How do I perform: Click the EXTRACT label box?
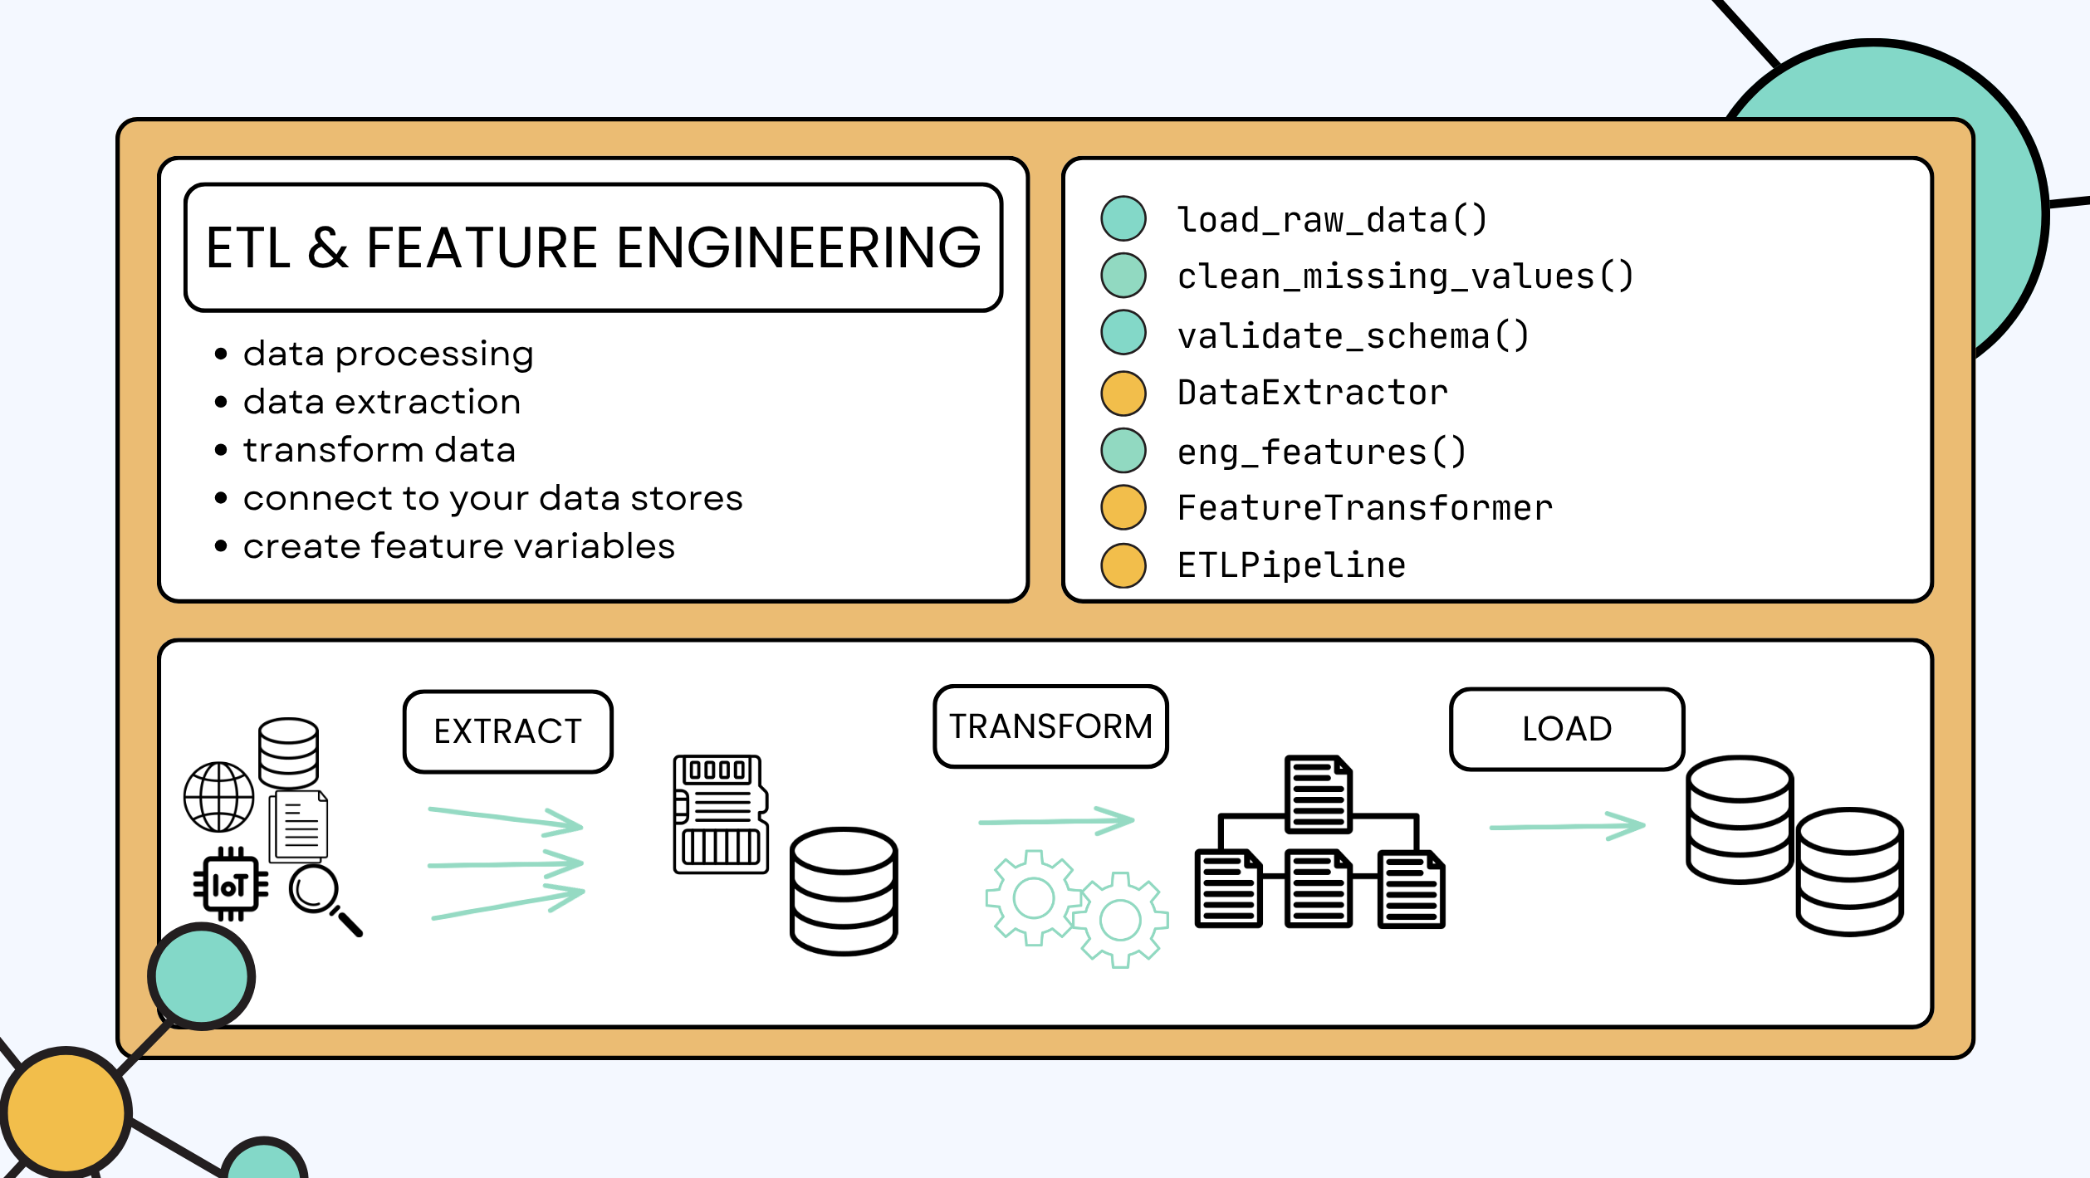[x=507, y=731]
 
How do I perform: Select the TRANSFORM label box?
[x=1050, y=726]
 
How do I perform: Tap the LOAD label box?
[x=1566, y=729]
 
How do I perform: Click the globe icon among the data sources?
[x=219, y=797]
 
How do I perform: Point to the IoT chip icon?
[x=231, y=885]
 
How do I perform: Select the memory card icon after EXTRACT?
[x=720, y=814]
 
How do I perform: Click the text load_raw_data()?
[x=1332, y=220]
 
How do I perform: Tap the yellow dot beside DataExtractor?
[x=1123, y=393]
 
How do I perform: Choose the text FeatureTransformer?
[x=1364, y=508]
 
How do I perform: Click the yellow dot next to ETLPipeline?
[x=1123, y=565]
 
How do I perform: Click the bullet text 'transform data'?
[x=379, y=450]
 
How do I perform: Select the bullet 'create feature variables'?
[x=458, y=546]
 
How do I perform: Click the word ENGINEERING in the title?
[x=798, y=248]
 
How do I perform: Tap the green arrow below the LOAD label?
[x=1566, y=826]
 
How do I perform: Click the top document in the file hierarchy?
[x=1318, y=794]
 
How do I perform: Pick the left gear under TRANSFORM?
[x=1033, y=898]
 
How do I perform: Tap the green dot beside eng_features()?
[x=1123, y=451]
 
